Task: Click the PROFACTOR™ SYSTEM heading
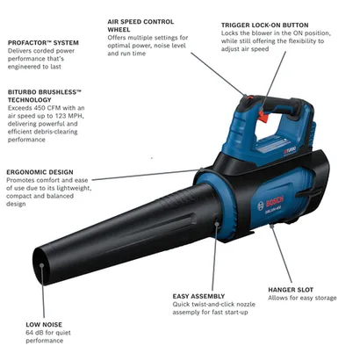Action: tap(44, 43)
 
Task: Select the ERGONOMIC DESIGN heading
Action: tap(40, 172)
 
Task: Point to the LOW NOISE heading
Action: tap(43, 325)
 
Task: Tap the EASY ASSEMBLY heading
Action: tap(200, 297)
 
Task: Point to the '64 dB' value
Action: tap(38, 335)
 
